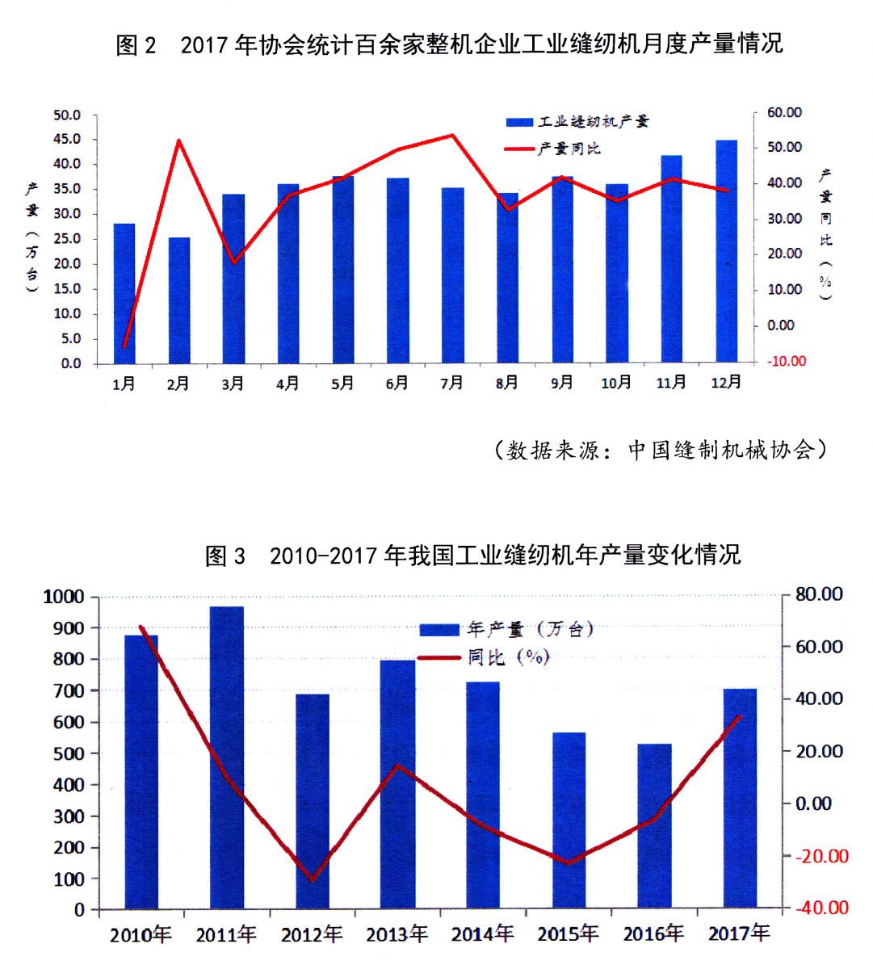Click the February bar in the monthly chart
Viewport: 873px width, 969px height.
pyautogui.click(x=178, y=300)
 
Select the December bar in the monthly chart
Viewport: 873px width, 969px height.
pyautogui.click(x=726, y=251)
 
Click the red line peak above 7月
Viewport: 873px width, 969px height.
pyautogui.click(x=452, y=136)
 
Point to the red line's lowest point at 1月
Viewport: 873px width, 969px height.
pyautogui.click(x=124, y=346)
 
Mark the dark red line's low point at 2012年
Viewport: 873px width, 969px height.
pyautogui.click(x=313, y=879)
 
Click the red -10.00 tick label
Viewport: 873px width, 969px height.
pyautogui.click(x=786, y=361)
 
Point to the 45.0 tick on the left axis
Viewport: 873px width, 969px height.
pyautogui.click(x=67, y=140)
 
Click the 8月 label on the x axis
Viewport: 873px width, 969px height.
pyautogui.click(x=507, y=384)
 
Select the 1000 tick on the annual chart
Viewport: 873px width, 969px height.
pyautogui.click(x=64, y=597)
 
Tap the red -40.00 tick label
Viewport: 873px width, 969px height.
pyautogui.click(x=821, y=908)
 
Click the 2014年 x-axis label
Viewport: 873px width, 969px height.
pyautogui.click(x=482, y=934)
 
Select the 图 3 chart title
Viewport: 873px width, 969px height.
pyautogui.click(x=472, y=556)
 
